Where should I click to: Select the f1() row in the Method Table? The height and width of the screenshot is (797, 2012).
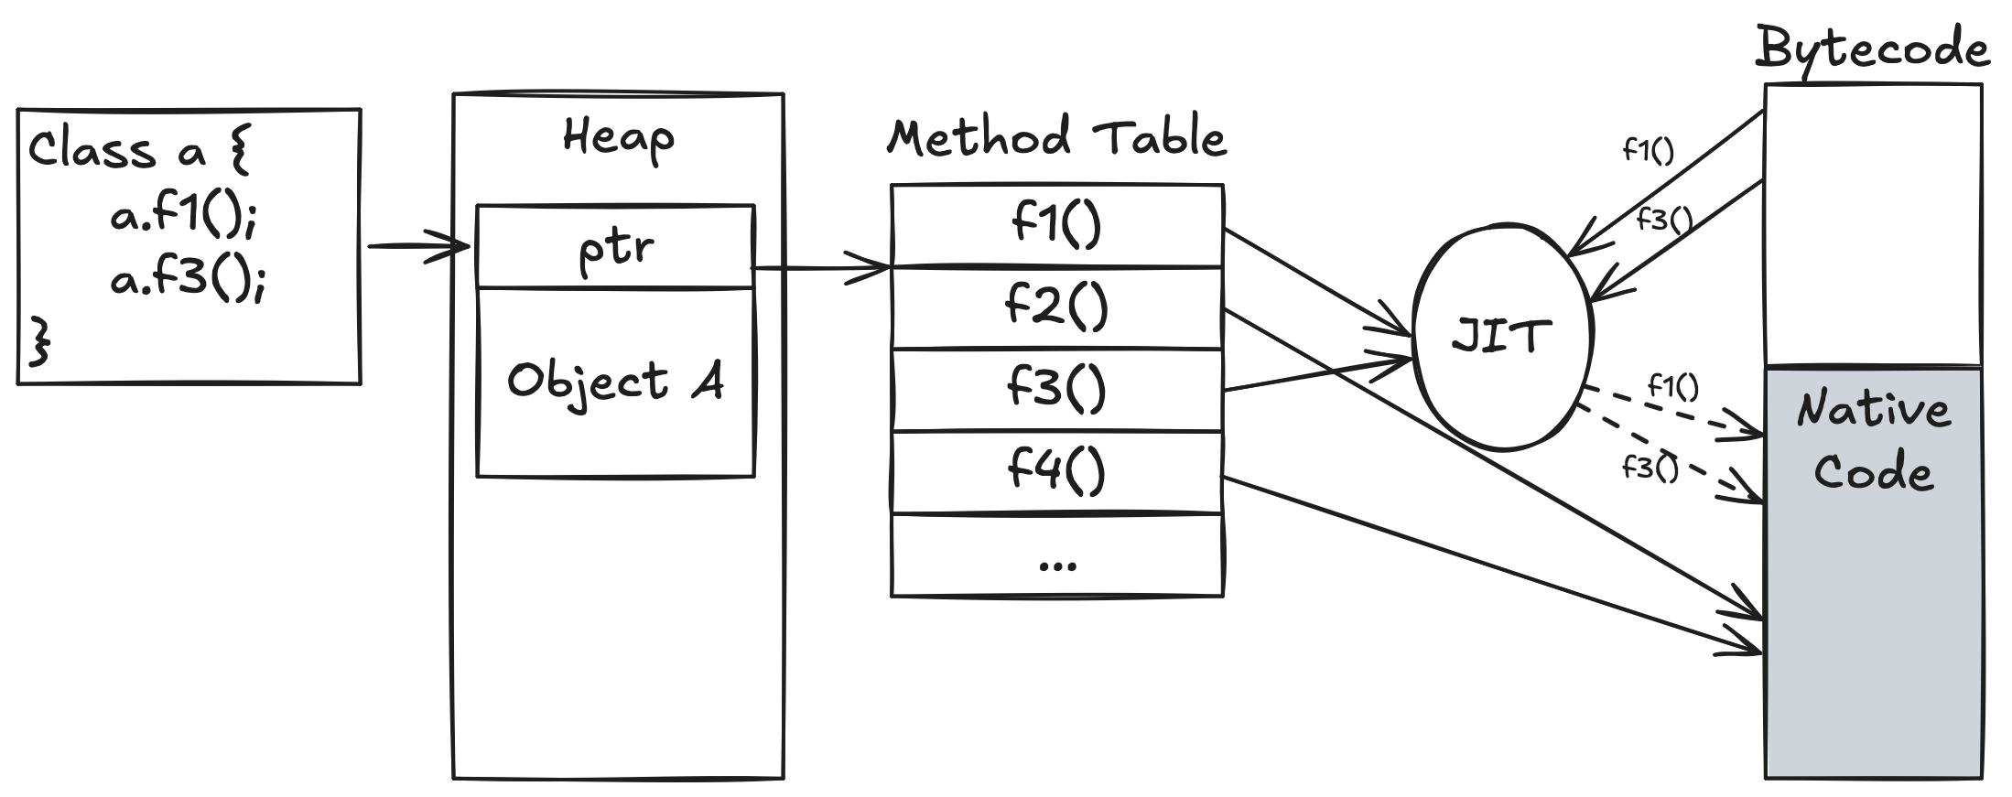pyautogui.click(x=1057, y=225)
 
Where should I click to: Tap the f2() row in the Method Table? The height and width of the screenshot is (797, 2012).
pyautogui.click(x=1057, y=307)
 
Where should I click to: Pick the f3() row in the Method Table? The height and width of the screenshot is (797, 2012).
pyautogui.click(x=1057, y=389)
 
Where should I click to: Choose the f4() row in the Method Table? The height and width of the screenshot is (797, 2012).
pyautogui.click(x=1057, y=472)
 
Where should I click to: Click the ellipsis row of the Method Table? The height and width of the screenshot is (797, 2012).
pyautogui.click(x=1057, y=555)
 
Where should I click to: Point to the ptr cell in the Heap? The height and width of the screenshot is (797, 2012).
pyautogui.click(x=616, y=246)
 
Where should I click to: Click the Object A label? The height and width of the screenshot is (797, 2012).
pyautogui.click(x=616, y=381)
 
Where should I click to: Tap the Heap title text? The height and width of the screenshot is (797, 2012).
pyautogui.click(x=619, y=138)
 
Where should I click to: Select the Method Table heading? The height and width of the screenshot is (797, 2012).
pyautogui.click(x=1057, y=138)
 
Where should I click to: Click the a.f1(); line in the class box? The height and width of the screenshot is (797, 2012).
pyautogui.click(x=184, y=214)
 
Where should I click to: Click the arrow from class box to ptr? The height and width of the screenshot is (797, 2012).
pyautogui.click(x=418, y=246)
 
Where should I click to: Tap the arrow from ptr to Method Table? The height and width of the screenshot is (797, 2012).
pyautogui.click(x=821, y=268)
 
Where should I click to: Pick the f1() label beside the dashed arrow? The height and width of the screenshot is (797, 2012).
pyautogui.click(x=1672, y=387)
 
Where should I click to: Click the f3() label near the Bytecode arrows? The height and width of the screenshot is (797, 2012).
pyautogui.click(x=1664, y=220)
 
